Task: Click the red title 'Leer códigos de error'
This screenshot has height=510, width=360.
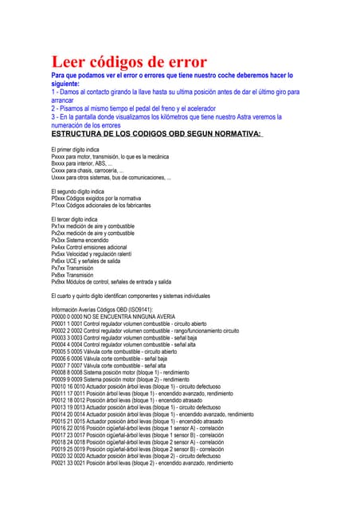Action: (x=129, y=61)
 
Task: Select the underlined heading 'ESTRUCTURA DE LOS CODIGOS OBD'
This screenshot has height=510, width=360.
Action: (x=156, y=134)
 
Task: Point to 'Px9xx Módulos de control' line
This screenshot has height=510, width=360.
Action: (x=111, y=282)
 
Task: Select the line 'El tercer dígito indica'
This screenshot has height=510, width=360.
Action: (x=74, y=219)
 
